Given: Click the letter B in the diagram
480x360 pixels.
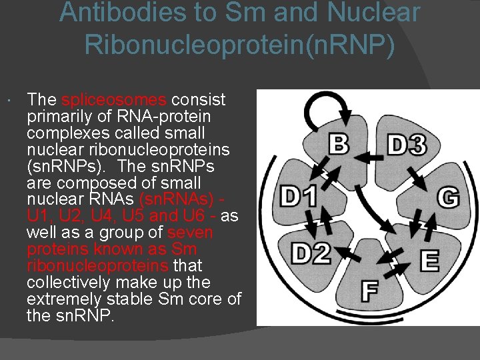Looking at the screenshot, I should [x=339, y=144].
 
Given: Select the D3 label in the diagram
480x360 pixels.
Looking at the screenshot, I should [x=407, y=144].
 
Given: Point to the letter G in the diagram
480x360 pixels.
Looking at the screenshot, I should [x=448, y=198].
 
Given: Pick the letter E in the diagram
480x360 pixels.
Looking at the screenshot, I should [x=429, y=261].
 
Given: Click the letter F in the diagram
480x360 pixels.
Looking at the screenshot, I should [x=370, y=291].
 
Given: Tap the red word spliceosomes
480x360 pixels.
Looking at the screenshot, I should [x=113, y=100].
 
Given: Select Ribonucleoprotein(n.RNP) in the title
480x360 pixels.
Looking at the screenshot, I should [x=240, y=45].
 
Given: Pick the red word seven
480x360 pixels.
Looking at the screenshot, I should [x=190, y=233].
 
